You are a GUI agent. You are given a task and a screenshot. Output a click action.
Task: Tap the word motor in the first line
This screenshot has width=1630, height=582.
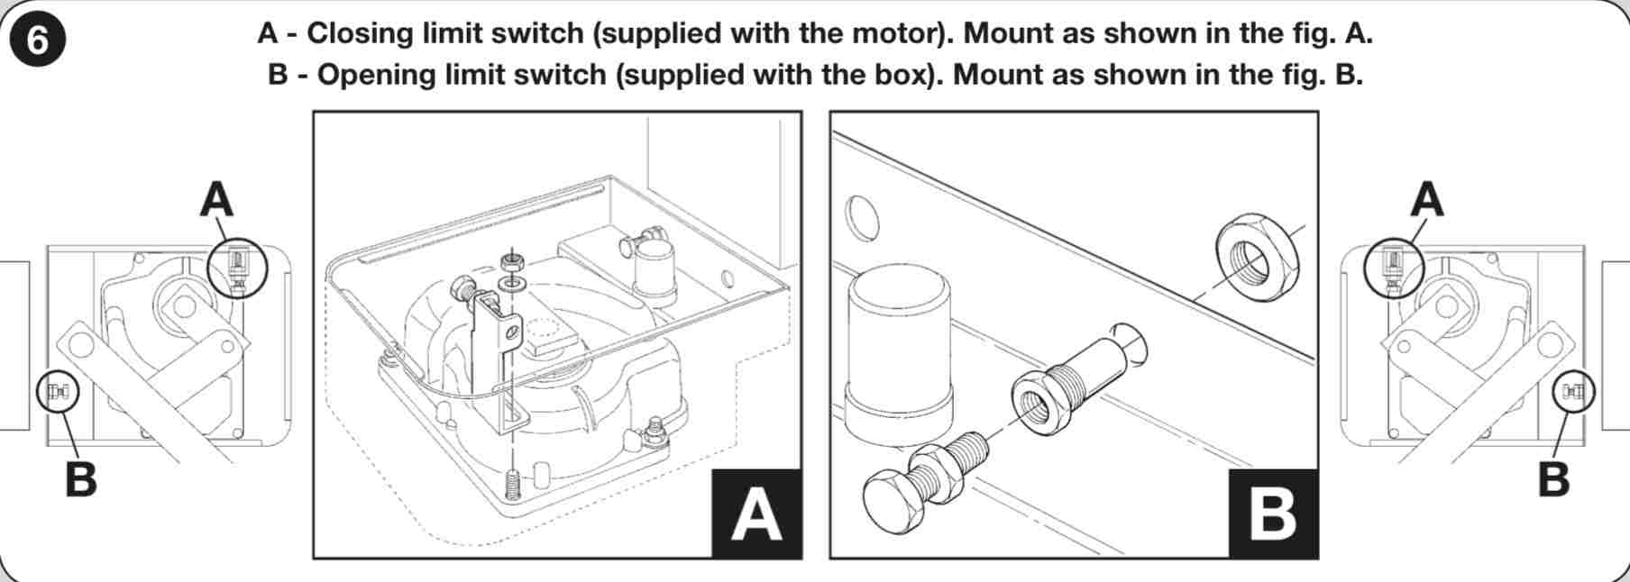[898, 33]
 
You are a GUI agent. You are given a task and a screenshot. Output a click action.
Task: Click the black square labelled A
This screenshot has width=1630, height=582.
[756, 514]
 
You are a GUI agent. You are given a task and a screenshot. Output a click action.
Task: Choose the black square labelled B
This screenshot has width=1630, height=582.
[1273, 514]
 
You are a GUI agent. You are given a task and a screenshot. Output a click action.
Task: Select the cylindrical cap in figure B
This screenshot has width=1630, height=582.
[897, 353]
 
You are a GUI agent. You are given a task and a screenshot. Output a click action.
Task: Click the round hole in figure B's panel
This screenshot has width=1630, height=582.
[861, 217]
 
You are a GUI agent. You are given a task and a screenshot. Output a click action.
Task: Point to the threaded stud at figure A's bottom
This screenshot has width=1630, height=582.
[512, 486]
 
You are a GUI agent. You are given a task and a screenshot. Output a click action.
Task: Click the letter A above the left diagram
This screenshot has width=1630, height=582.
[216, 199]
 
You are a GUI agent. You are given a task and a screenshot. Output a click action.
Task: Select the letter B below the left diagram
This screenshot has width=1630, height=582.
[81, 478]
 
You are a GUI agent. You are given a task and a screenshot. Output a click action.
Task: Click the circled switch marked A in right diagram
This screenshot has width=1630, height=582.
[1393, 268]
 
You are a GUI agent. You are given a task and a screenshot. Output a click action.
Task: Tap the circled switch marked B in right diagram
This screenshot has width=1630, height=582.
[1573, 391]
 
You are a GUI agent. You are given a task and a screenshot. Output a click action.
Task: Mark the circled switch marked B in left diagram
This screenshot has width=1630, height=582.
[58, 392]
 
